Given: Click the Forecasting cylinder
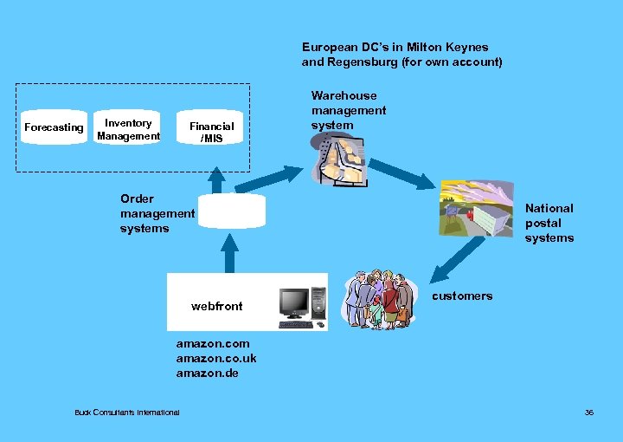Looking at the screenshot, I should tap(54, 127).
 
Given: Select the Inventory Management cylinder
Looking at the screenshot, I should tap(128, 129).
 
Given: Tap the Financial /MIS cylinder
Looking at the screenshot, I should tap(211, 131).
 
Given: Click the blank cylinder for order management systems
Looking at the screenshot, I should tap(231, 211).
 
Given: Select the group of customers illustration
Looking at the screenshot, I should tap(377, 300).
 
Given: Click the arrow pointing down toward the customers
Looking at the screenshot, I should tap(459, 258).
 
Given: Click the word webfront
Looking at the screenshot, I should tap(216, 306).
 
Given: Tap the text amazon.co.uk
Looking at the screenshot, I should tap(215, 359).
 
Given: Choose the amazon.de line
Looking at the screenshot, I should tap(207, 374).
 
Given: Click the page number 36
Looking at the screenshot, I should tap(589, 413).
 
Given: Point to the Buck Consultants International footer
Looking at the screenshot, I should tap(127, 413).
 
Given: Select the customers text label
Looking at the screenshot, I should tap(462, 296).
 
